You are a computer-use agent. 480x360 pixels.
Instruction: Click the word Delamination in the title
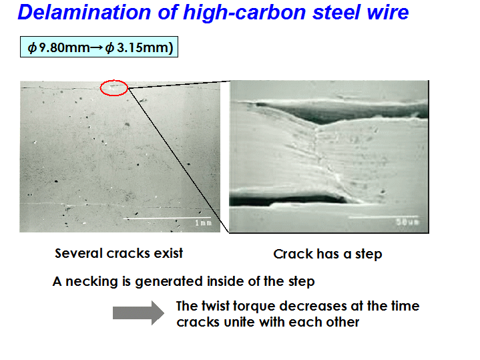pyautogui.click(x=85, y=12)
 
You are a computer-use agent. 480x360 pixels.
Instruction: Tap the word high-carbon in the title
pyautogui.click(x=244, y=13)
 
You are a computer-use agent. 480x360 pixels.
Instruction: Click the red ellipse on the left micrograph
pyautogui.click(x=114, y=80)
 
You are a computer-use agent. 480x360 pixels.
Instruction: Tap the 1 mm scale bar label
pyautogui.click(x=203, y=222)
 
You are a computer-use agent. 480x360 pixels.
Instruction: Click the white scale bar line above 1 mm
pyautogui.click(x=167, y=218)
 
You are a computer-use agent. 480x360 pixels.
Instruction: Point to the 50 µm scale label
pyautogui.click(x=407, y=222)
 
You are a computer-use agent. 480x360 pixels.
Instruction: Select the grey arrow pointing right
pyautogui.click(x=138, y=313)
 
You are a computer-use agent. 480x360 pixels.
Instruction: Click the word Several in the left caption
pyautogui.click(x=78, y=253)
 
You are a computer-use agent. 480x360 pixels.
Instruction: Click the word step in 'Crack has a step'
pyautogui.click(x=369, y=255)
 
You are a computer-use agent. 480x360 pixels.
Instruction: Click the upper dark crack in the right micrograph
pyautogui.click(x=336, y=112)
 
